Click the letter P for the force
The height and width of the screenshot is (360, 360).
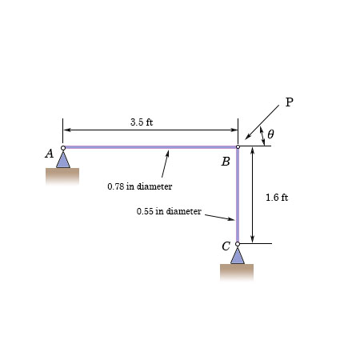point(289,102)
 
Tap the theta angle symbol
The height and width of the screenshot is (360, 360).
point(270,134)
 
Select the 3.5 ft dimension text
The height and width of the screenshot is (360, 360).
point(142,122)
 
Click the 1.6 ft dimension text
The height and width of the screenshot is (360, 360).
point(277,197)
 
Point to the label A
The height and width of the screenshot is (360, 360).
point(49,154)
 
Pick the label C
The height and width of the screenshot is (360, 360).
point(226,246)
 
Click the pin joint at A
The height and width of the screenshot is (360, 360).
point(63,147)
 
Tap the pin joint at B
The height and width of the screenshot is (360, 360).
point(238,147)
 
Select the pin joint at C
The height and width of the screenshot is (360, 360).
point(238,244)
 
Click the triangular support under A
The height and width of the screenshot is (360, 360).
point(63,159)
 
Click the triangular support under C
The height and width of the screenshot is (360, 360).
point(237,256)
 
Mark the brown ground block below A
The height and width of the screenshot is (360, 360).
point(62,176)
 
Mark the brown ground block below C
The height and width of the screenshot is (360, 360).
point(237,272)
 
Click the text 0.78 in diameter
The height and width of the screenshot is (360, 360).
point(139,186)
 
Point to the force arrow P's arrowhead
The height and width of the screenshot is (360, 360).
point(249,137)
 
